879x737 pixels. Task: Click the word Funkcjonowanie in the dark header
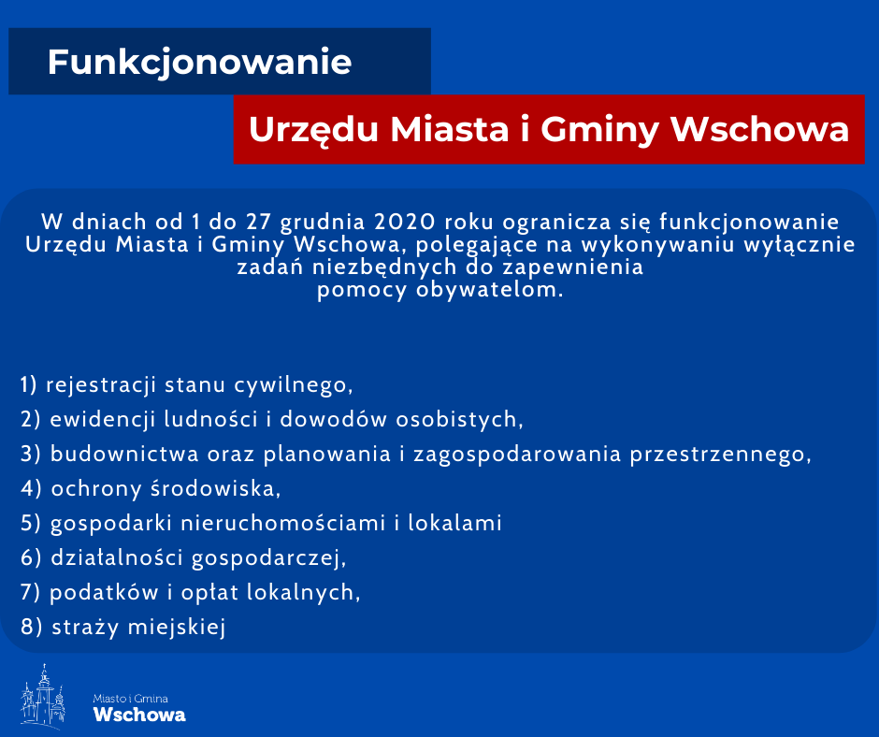click(199, 63)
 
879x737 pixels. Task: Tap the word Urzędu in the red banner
click(314, 131)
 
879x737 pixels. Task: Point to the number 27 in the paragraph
click(258, 222)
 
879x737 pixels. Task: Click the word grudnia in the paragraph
click(323, 224)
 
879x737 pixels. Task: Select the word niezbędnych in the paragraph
click(384, 267)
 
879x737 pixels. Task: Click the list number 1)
click(29, 385)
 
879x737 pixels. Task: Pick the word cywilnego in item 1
click(294, 386)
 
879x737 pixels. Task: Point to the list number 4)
click(31, 489)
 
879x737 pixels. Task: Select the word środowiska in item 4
click(216, 489)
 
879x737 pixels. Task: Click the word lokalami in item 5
click(454, 524)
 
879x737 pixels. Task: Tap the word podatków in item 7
click(105, 593)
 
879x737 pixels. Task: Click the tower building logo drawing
click(43, 696)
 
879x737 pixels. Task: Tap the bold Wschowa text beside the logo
click(139, 715)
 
